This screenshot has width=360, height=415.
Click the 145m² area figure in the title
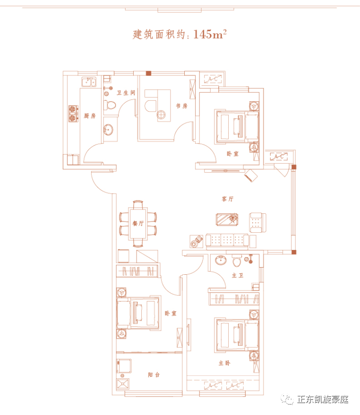pyautogui.click(x=210, y=34)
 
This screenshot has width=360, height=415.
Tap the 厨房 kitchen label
pyautogui.click(x=90, y=115)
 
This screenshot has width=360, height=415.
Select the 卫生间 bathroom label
pyautogui.click(x=126, y=93)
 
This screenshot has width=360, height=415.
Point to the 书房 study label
pyautogui.click(x=182, y=106)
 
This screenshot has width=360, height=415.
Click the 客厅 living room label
pyautogui.click(x=228, y=199)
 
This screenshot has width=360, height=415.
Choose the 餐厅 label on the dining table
pyautogui.click(x=138, y=223)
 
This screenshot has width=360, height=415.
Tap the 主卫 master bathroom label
pyautogui.click(x=238, y=276)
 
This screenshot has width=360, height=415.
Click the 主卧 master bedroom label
pyautogui.click(x=224, y=363)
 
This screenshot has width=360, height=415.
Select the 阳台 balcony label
pyautogui.click(x=154, y=374)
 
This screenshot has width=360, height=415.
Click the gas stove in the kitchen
pyautogui.click(x=74, y=114)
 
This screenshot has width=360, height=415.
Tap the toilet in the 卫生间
pyautogui.click(x=109, y=105)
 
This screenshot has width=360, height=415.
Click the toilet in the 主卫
pyautogui.click(x=237, y=261)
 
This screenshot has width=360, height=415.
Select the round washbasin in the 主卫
pyautogui.click(x=221, y=260)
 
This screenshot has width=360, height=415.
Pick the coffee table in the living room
pyautogui.click(x=227, y=219)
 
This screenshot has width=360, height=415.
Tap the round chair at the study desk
pyautogui.click(x=161, y=114)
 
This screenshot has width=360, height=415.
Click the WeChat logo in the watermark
pyautogui.click(x=287, y=399)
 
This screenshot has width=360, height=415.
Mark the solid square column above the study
pyautogui.click(x=148, y=73)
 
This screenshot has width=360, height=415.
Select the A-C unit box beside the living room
pyautogui.click(x=279, y=156)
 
